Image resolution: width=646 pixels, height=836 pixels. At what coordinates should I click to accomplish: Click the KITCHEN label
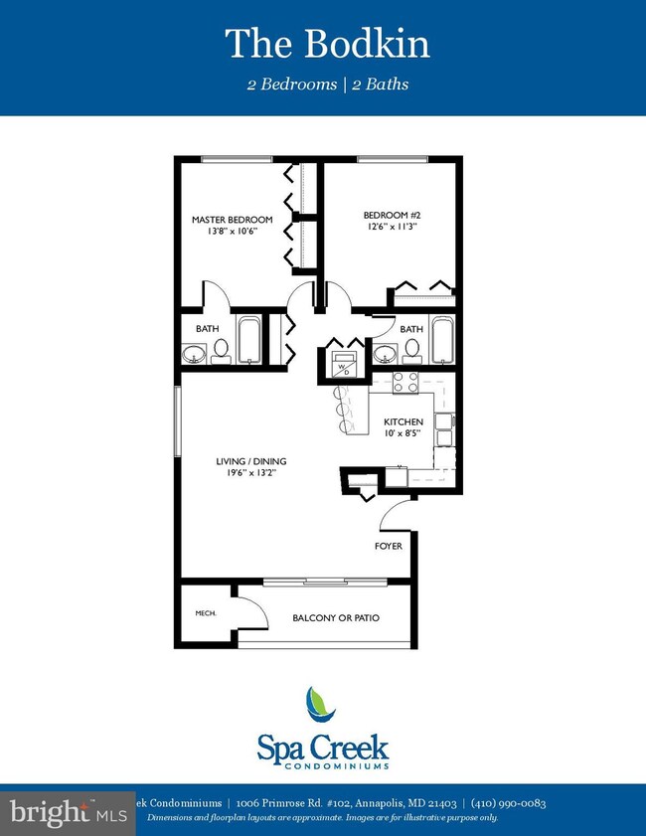pos(404,421)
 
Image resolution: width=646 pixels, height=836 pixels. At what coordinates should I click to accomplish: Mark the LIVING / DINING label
pos(251,460)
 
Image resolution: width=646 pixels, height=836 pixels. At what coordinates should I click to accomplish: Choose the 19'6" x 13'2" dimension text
pos(251,474)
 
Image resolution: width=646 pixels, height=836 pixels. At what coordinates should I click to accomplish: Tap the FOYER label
pos(388,546)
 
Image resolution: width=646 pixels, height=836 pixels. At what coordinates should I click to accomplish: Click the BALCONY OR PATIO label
pos(336,617)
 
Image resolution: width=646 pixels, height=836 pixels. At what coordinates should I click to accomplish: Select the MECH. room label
pos(205,613)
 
